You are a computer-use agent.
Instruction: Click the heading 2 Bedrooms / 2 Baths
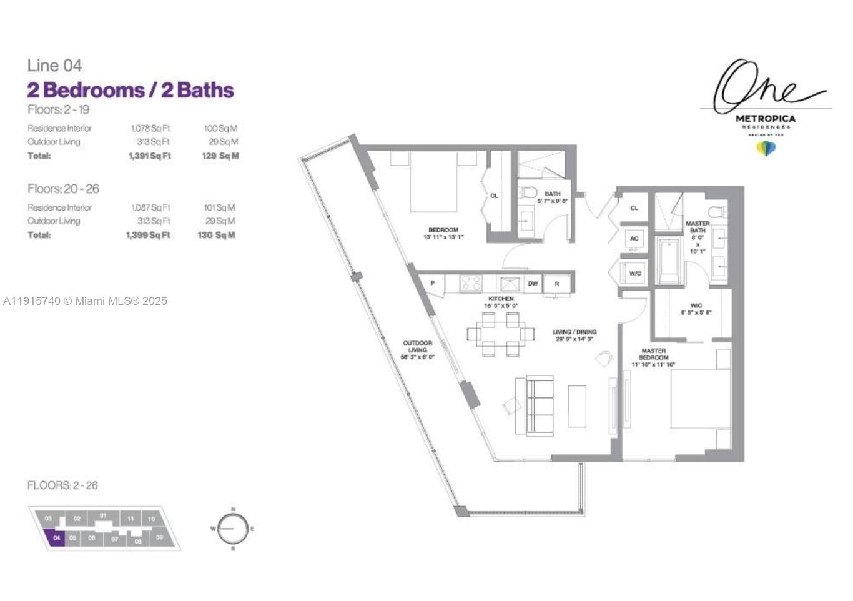[x=130, y=90]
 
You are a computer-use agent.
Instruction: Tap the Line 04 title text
[x=54, y=66]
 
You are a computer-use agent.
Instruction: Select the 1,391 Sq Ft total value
[x=149, y=156]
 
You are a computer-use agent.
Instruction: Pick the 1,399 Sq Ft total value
[x=148, y=236]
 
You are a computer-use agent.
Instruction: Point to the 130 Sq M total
[x=217, y=236]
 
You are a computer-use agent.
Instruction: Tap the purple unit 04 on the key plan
[x=56, y=537]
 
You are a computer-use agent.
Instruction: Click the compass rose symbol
[x=233, y=529]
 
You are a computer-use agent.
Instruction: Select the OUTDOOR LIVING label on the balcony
[x=417, y=350]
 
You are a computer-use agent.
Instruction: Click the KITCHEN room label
[x=501, y=299]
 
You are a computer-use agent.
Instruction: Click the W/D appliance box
[x=635, y=274]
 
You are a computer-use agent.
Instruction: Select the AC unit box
[x=634, y=239]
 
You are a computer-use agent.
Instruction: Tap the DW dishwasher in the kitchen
[x=533, y=284]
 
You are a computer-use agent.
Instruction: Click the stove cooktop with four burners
[x=471, y=283]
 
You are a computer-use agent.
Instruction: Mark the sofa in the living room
[x=540, y=406]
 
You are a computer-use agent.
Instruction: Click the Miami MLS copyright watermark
[x=86, y=301]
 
